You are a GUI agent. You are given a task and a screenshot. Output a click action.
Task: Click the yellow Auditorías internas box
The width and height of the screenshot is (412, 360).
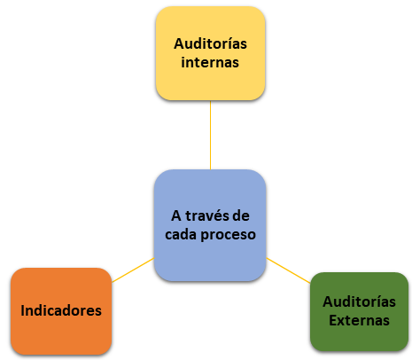point(210,53)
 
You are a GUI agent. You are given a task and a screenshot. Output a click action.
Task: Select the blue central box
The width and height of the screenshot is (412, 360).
point(210,225)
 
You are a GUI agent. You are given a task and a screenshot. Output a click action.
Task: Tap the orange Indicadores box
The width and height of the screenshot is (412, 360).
point(61,311)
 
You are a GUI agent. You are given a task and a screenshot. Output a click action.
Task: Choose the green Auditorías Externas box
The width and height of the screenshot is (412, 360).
point(359,311)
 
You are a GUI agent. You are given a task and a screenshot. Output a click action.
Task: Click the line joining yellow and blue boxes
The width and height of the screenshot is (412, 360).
point(210,135)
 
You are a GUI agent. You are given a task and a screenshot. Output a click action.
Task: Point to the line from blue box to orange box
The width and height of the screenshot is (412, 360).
point(133,270)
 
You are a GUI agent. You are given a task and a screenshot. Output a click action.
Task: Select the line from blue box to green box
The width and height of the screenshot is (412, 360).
point(288,270)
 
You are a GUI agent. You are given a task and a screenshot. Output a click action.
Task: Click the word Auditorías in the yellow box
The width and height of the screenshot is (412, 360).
point(210,43)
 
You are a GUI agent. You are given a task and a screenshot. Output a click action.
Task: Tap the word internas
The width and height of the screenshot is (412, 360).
point(210,62)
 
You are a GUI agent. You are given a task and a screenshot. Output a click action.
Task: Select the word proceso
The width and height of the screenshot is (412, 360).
point(229,235)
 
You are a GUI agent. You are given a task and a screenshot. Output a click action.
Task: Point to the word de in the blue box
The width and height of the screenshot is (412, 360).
point(241,215)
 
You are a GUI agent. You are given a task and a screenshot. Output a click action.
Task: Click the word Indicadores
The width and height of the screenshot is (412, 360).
point(61,310)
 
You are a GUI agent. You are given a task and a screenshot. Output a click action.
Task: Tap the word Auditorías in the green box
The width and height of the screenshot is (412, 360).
point(359,301)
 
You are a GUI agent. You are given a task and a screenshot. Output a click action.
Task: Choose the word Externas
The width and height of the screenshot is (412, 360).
point(359,320)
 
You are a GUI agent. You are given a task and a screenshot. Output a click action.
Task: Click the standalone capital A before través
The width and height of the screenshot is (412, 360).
point(176,216)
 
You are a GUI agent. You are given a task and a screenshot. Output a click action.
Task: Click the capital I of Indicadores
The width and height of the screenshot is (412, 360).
point(22,310)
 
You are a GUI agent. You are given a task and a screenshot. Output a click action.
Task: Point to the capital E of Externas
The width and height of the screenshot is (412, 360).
point(333,320)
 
